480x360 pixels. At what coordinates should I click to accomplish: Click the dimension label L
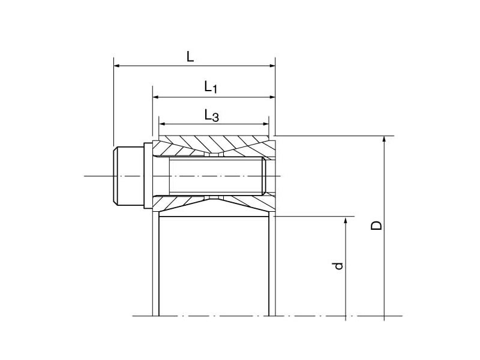tap(190, 56)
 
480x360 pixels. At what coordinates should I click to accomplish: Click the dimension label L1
tap(210, 88)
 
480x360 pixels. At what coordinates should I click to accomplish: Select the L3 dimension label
tap(211, 115)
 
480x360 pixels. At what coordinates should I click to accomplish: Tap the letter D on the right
tap(376, 226)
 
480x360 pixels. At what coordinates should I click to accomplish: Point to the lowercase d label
tap(338, 265)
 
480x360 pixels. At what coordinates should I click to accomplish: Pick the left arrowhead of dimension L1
tap(156, 97)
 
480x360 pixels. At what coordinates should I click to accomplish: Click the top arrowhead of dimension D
tap(384, 140)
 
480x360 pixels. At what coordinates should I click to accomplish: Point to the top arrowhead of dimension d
tap(346, 220)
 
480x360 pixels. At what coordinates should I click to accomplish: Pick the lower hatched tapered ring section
tap(213, 203)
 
